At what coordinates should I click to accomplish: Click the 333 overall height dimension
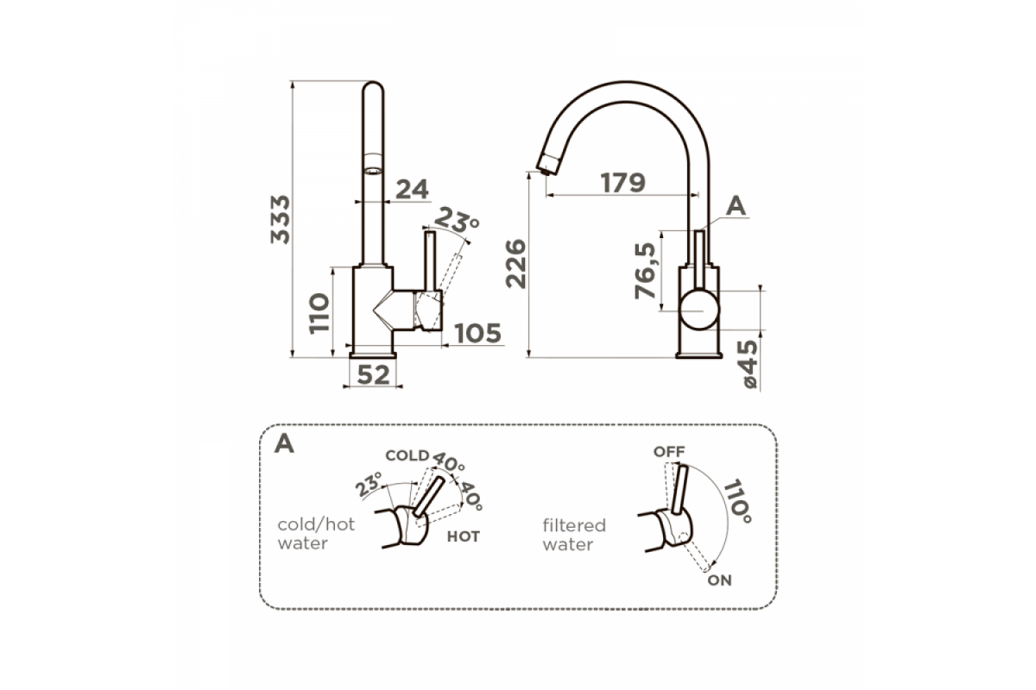[281, 220]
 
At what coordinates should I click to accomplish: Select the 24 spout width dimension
[412, 190]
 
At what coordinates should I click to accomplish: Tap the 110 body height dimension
[319, 313]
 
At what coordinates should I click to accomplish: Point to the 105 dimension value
[477, 333]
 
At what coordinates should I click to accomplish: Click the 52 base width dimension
[373, 375]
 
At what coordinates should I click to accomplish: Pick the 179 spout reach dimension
[623, 183]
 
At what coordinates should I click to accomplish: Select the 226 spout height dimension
[516, 264]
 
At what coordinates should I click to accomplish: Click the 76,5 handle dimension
[645, 271]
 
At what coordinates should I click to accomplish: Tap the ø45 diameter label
[749, 364]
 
